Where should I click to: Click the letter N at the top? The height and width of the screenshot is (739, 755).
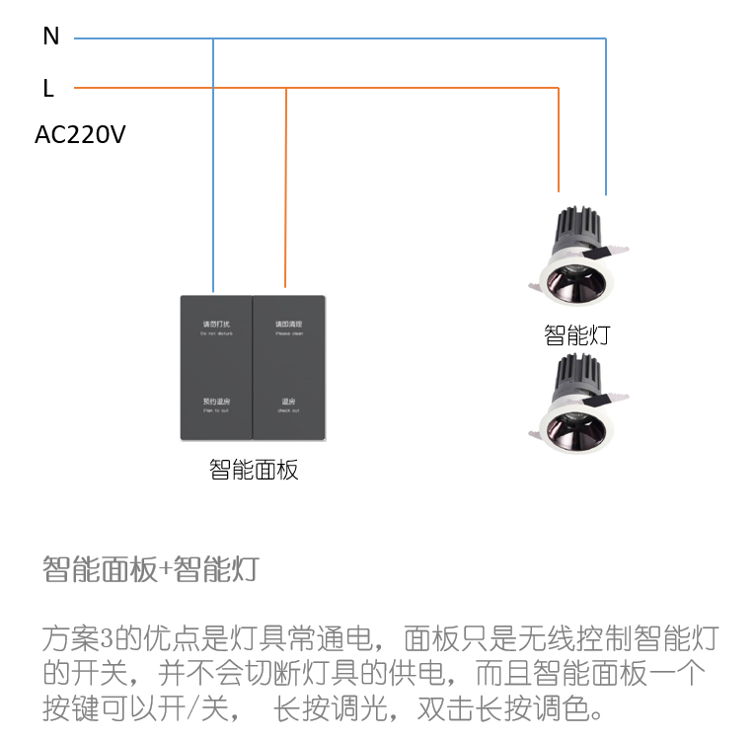coord(51,37)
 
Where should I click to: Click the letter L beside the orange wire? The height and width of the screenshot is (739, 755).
coord(48,89)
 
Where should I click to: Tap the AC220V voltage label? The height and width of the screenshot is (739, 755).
coord(80,135)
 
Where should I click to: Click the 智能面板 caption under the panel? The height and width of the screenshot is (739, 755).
coord(254,470)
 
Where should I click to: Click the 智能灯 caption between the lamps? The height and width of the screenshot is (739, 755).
coord(577,334)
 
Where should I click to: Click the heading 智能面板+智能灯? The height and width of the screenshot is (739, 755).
coord(150,569)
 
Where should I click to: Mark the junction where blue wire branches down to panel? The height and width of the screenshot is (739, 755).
coord(213,38)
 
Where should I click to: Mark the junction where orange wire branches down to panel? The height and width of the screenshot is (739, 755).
coord(286,88)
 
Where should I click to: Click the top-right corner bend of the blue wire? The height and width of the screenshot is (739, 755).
coord(606,38)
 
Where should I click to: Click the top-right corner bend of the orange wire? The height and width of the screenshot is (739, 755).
coord(559,88)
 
